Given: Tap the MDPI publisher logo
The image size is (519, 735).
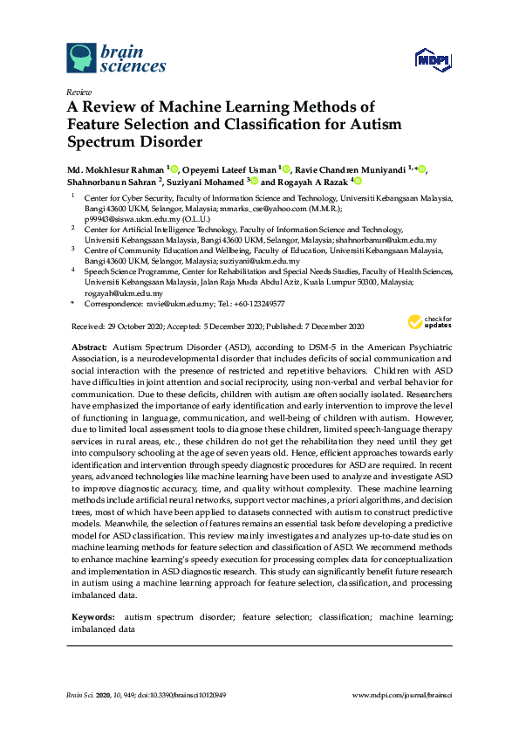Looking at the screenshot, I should pos(434,59).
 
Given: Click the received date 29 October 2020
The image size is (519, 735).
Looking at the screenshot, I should pos(140,326).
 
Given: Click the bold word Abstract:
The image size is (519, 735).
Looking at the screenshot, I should pos(89,347).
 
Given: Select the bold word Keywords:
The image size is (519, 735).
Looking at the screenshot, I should pos(92,617).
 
